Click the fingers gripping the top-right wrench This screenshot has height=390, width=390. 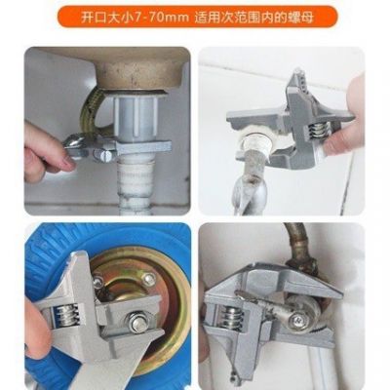pyautogui.click(x=341, y=136)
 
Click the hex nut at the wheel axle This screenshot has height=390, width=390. pyautogui.click(x=125, y=297)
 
